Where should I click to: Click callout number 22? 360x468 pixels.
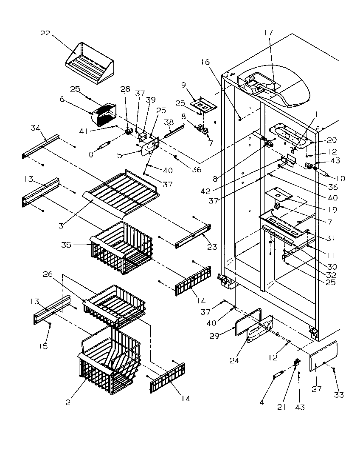[45, 34]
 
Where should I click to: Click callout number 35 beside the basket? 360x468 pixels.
[67, 245]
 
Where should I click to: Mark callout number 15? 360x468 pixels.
[43, 346]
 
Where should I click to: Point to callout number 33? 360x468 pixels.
[339, 395]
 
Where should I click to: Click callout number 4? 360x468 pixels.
[262, 402]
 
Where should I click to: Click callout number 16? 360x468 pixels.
[205, 62]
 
